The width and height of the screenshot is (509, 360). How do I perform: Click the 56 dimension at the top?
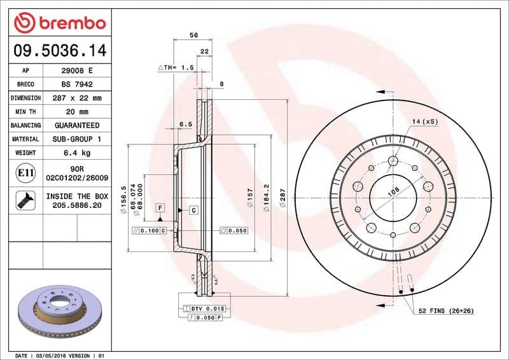(x=192, y=36)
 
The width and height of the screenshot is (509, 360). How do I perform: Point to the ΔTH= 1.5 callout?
(x=176, y=67)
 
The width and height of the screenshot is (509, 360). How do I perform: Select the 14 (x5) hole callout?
(x=425, y=121)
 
